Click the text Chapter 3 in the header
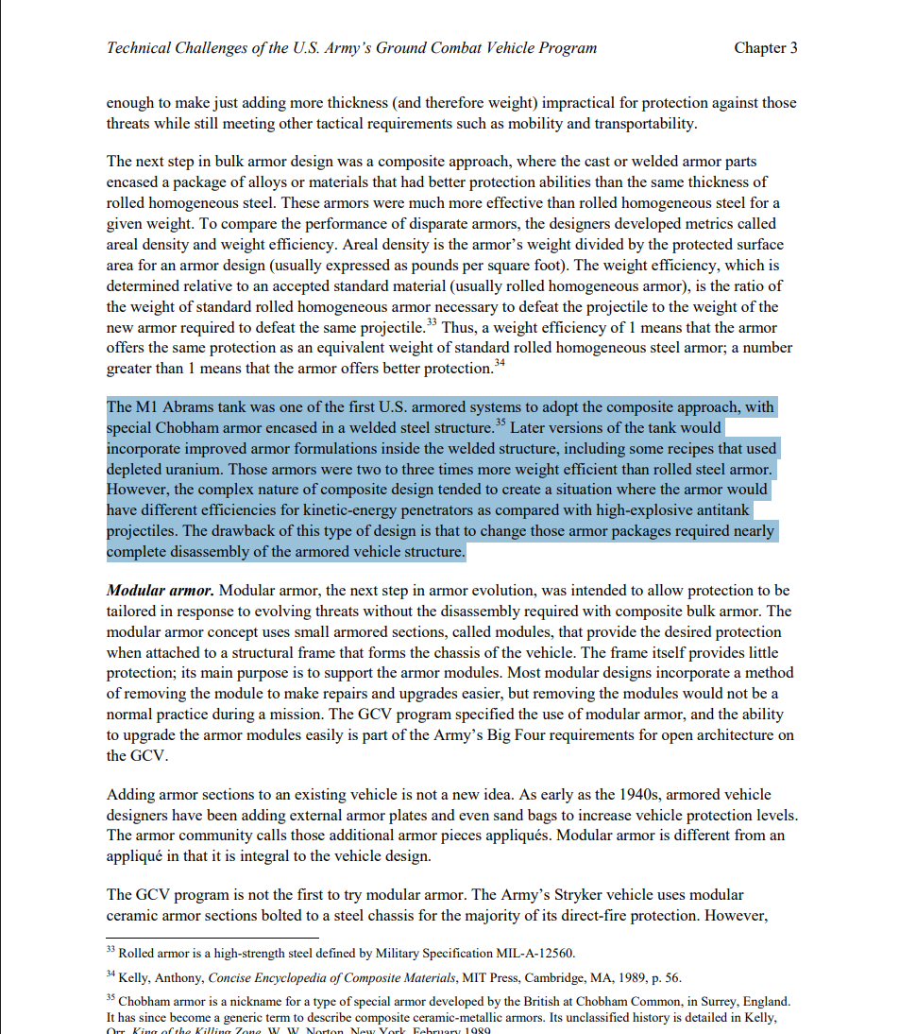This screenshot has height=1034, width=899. [765, 48]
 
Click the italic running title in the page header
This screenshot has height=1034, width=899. [351, 48]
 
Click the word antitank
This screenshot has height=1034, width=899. [724, 511]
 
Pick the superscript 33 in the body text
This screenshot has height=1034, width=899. [431, 322]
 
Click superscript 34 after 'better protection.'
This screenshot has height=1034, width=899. [500, 363]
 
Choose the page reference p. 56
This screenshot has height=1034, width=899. [664, 977]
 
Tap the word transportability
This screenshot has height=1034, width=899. [631, 124]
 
